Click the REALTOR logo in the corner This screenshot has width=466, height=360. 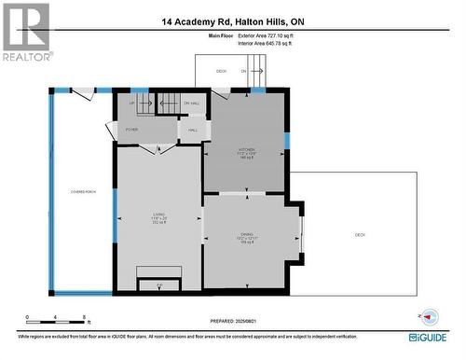26,31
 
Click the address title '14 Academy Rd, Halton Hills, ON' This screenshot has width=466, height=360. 232,21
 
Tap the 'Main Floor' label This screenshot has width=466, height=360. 220,35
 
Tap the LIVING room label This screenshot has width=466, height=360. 159,217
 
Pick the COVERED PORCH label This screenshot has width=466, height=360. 82,191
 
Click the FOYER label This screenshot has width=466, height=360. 131,130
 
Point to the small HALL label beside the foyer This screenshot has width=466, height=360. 193,130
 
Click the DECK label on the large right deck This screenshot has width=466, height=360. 360,235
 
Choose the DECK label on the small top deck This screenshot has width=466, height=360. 221,71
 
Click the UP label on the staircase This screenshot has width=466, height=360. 132,103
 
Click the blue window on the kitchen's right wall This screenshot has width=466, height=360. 287,141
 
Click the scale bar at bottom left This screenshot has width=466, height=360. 57,316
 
